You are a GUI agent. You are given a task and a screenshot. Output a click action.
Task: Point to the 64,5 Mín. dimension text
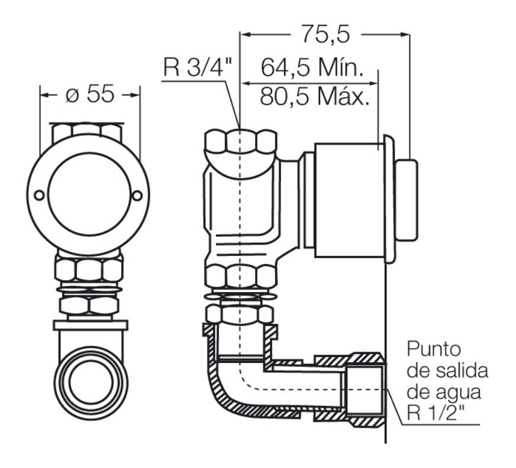tap(311, 68)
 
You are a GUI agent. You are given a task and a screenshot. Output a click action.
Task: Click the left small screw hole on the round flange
tap(38, 196)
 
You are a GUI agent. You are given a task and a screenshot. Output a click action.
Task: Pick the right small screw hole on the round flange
tap(137, 196)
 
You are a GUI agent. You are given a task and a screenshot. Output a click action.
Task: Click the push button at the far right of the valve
tap(406, 200)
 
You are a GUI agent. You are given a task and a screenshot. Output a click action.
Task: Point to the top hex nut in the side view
tap(240, 142)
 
